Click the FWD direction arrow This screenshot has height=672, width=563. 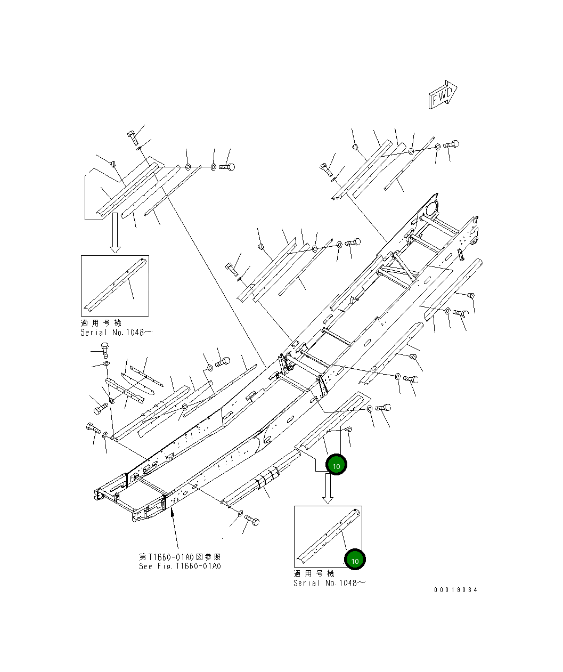pyautogui.click(x=442, y=95)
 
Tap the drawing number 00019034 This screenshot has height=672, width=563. pyautogui.click(x=455, y=590)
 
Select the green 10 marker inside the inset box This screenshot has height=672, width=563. pyautogui.click(x=355, y=560)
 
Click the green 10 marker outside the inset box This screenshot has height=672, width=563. pyautogui.click(x=336, y=466)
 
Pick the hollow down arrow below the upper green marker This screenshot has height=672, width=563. pyautogui.click(x=328, y=489)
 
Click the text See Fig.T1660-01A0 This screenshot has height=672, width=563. pyautogui.click(x=179, y=566)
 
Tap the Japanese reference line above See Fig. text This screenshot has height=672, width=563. pyautogui.click(x=179, y=556)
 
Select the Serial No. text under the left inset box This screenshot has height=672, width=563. pyautogui.click(x=116, y=333)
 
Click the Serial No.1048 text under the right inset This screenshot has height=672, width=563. pyautogui.click(x=329, y=583)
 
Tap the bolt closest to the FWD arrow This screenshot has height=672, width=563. pyautogui.click(x=451, y=144)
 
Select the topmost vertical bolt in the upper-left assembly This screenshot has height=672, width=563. pyautogui.click(x=132, y=137)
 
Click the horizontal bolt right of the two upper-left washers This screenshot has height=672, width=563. pyautogui.click(x=226, y=167)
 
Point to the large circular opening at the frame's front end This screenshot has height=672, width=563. pyautogui.click(x=433, y=206)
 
